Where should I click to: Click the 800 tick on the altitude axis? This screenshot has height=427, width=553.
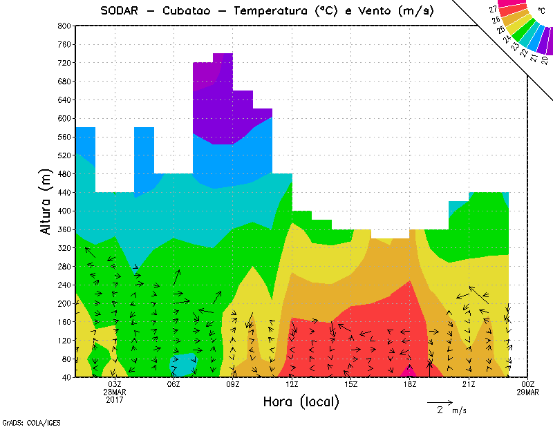tap(64, 26)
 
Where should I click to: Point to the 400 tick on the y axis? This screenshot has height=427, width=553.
tap(64, 211)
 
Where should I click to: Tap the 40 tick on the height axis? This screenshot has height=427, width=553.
tap(66, 377)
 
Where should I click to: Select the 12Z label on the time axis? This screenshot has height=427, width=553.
tap(292, 384)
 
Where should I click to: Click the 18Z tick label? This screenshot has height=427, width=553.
tap(409, 384)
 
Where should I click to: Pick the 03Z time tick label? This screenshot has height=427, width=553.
tap(115, 384)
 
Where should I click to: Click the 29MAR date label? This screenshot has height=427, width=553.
tap(527, 392)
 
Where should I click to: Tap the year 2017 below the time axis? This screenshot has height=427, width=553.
tap(115, 399)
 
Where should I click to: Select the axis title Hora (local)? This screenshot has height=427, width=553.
tap(301, 401)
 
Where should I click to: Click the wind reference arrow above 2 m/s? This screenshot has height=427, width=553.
tap(440, 401)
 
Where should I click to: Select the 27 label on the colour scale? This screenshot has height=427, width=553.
tap(493, 9)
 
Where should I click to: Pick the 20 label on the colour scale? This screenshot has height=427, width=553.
tap(545, 61)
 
